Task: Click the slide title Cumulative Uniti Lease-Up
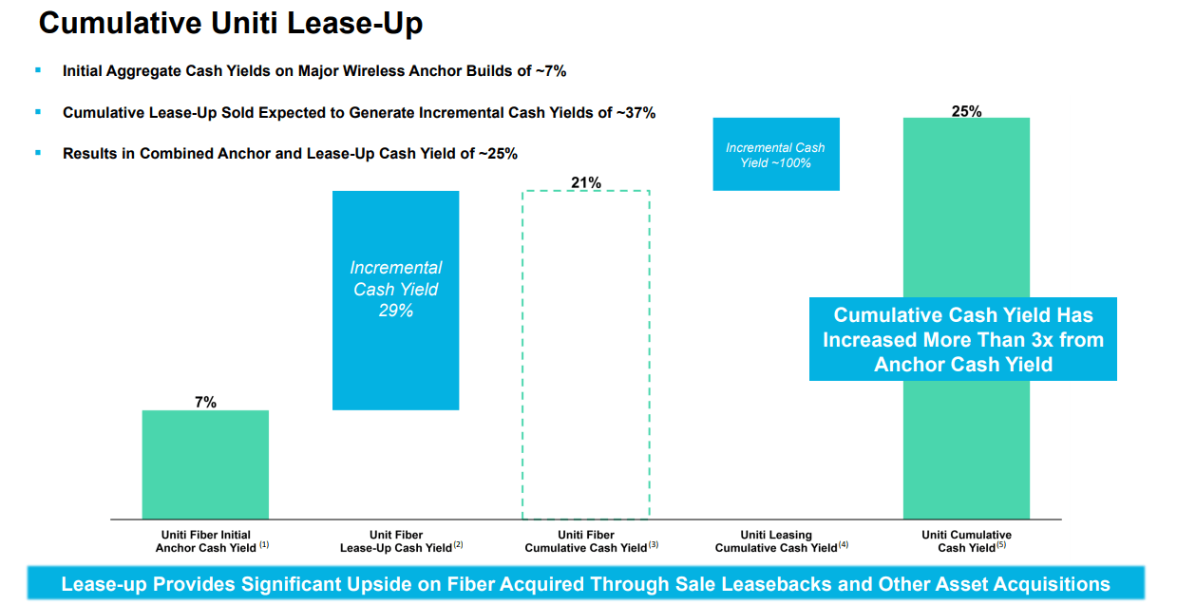coord(231,25)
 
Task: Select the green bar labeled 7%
coord(205,464)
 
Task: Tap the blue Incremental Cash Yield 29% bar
coord(395,300)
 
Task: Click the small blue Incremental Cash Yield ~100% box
coord(775,154)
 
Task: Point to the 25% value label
coord(966,111)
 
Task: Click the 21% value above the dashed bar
coord(586,182)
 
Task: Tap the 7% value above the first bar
coord(205,402)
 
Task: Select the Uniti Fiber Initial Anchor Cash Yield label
coord(205,541)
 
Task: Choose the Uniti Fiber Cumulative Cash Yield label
coord(586,541)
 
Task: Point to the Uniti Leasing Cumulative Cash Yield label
coord(776,541)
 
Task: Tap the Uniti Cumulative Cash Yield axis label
coord(966,541)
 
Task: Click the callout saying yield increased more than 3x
coord(962,339)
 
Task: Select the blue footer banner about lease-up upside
coord(585,584)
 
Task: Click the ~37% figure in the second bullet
coord(636,112)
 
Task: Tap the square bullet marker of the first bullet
coord(38,70)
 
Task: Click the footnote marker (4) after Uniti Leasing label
coord(844,544)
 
